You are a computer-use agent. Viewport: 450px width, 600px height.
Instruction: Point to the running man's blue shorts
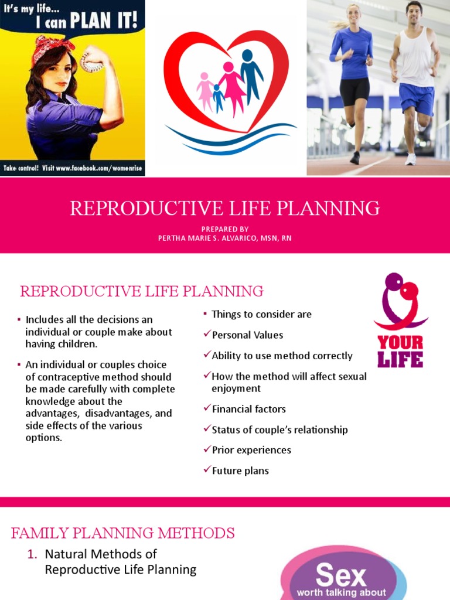click(417, 98)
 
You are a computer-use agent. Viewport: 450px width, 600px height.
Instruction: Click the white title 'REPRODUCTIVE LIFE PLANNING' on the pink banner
click(225, 208)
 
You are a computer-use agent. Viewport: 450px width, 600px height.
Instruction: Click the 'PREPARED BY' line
click(225, 229)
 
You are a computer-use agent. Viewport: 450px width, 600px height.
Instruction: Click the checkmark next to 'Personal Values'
click(207, 335)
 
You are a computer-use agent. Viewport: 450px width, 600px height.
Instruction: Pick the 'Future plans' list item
click(240, 471)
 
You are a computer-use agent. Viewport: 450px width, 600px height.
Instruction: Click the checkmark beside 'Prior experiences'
click(207, 449)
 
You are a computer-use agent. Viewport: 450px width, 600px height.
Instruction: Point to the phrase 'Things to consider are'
click(261, 314)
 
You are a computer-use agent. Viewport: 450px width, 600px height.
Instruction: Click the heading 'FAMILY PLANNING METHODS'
click(123, 533)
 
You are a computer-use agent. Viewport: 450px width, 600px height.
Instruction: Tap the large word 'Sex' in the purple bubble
click(340, 575)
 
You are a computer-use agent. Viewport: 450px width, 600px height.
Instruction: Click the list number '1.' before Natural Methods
click(33, 554)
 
